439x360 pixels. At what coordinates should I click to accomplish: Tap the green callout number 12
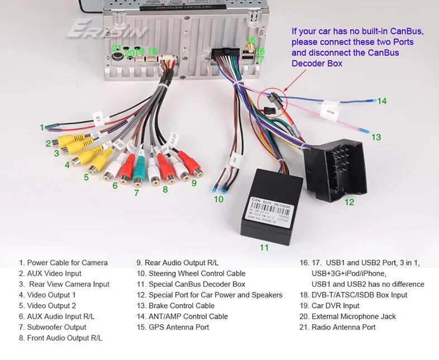tap(349, 202)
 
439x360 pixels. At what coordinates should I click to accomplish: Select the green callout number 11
tap(264, 247)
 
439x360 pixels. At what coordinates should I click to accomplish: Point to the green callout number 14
tap(382, 101)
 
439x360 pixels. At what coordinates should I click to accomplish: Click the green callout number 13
tap(376, 137)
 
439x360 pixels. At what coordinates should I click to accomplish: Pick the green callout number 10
tap(218, 198)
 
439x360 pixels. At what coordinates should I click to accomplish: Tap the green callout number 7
tap(136, 193)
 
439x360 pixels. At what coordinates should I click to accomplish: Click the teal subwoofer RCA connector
tap(139, 170)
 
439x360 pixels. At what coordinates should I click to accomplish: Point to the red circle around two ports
tap(273, 101)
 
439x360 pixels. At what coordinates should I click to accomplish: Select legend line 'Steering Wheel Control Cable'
tap(190, 273)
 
